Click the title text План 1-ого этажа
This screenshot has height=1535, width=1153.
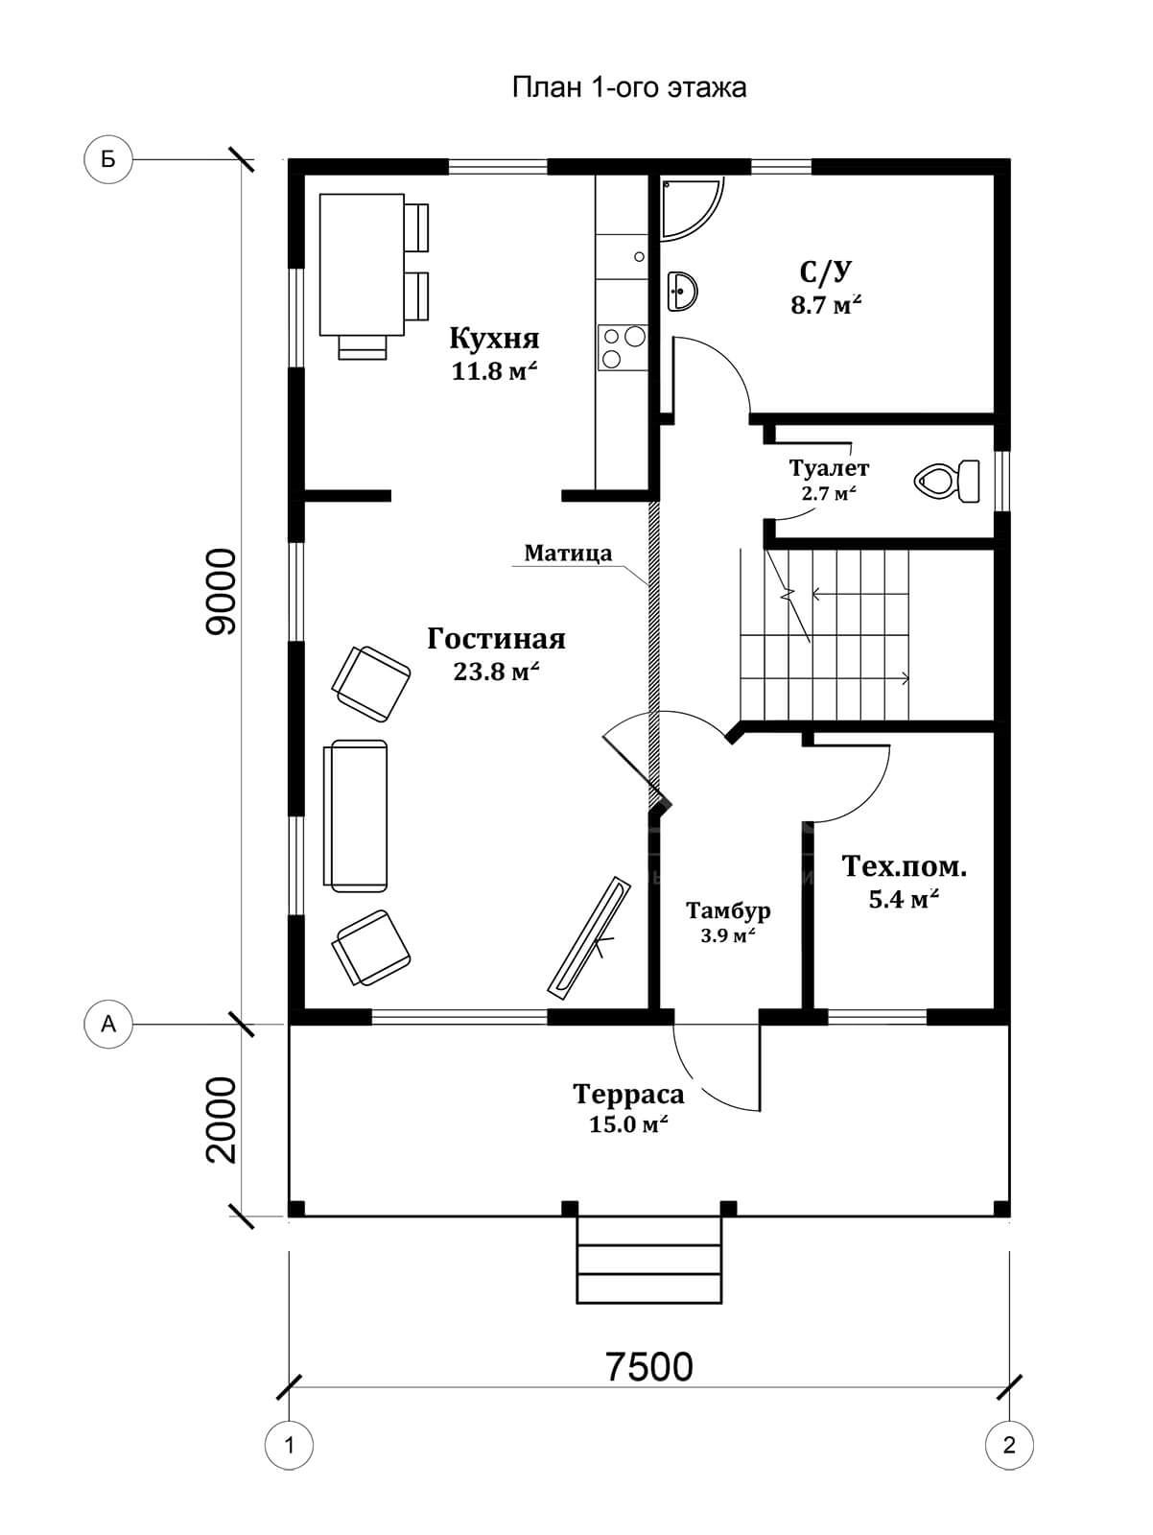pyautogui.click(x=629, y=88)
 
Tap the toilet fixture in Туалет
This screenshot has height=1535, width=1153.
pyautogui.click(x=948, y=481)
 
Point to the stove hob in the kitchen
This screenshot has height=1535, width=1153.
pyautogui.click(x=622, y=347)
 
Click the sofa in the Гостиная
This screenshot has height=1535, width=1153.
pyautogui.click(x=355, y=816)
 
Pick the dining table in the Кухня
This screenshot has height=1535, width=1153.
pyautogui.click(x=362, y=265)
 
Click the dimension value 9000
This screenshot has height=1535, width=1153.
pyautogui.click(x=222, y=592)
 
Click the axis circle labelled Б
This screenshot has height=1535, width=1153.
pyautogui.click(x=107, y=160)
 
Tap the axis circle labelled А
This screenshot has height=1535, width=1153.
pyautogui.click(x=107, y=1025)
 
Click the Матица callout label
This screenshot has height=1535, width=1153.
pyautogui.click(x=568, y=554)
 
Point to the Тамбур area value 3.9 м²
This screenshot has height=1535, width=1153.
pyautogui.click(x=728, y=935)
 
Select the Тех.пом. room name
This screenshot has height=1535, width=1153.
pyautogui.click(x=905, y=866)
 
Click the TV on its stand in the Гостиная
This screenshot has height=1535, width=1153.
pyautogui.click(x=589, y=935)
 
